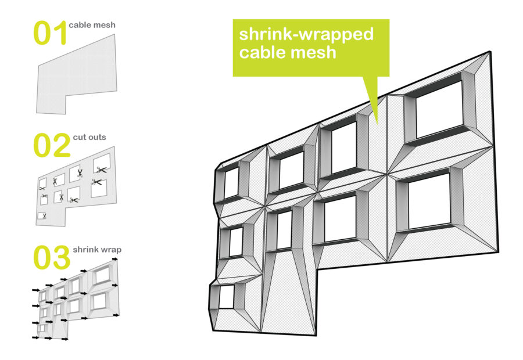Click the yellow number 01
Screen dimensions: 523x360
pos(51,33)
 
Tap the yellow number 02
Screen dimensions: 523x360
pos(52,145)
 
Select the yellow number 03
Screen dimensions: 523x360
pos(52,257)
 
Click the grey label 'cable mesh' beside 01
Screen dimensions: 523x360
pos(92,25)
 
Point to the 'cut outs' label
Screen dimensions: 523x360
pos(89,137)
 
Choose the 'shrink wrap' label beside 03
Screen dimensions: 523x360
pos(97,250)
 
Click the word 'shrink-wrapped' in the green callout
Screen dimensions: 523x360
pos(306,34)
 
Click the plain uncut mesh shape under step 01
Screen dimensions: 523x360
pos(77,75)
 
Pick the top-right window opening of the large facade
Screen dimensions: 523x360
pos(439,110)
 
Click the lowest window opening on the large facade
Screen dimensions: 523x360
pos(226,297)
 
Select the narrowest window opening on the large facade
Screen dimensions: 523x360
pos(285,230)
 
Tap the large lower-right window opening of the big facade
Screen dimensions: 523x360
pos(429,201)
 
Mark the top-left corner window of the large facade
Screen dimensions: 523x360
pos(232,183)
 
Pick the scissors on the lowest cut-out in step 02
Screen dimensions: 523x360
pos(44,216)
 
